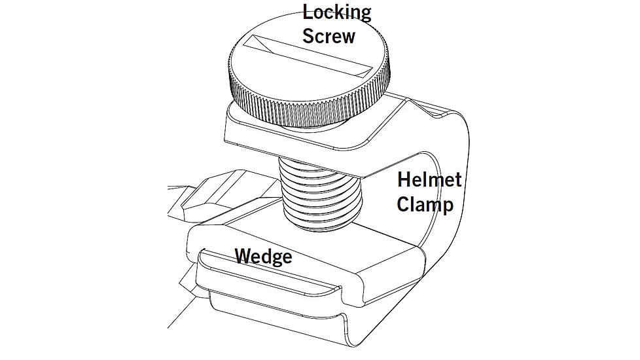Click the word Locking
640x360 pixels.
[x=336, y=12]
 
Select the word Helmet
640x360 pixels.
[x=429, y=179]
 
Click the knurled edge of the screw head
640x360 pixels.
[x=301, y=105]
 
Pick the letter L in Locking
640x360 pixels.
[x=307, y=12]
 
